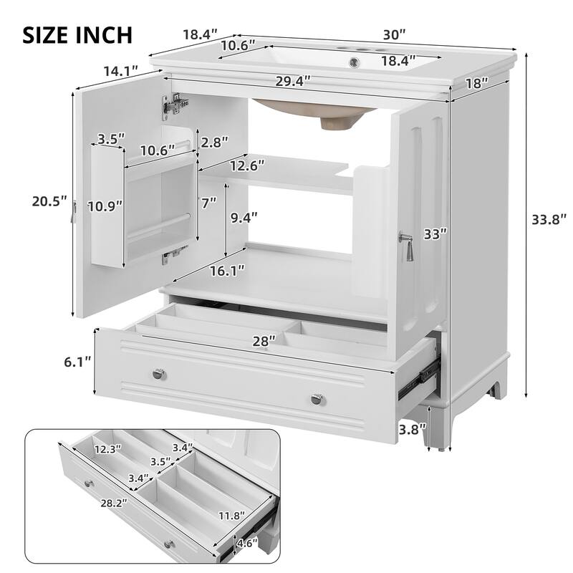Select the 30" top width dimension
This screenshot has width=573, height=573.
tap(394, 34)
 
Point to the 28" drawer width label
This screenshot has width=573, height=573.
tap(264, 342)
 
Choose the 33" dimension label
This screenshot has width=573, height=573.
tap(435, 233)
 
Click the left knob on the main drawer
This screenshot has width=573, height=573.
tap(158, 373)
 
